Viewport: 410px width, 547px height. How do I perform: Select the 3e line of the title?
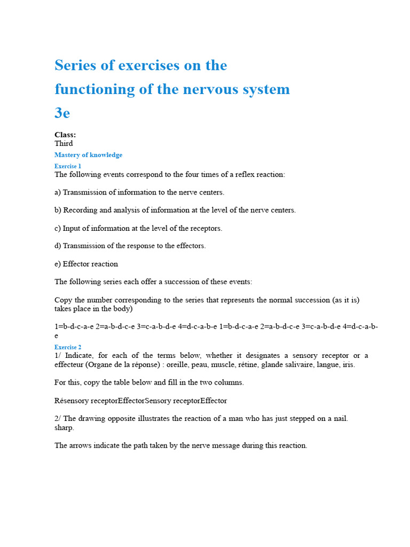[62, 113]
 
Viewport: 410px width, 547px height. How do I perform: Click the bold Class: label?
[65, 135]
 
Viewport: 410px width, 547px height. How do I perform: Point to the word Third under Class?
[64, 143]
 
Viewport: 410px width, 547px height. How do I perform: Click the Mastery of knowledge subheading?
[88, 155]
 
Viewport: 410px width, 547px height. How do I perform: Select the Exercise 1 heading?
[68, 166]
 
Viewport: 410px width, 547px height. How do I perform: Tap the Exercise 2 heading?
[68, 347]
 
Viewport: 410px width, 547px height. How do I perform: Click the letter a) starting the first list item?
[58, 192]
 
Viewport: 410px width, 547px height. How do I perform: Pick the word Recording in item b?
[80, 210]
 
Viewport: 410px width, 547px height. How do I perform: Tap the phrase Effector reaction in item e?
[90, 264]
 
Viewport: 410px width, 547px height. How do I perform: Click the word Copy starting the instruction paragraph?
[63, 300]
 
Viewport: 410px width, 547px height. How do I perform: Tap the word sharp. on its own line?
[65, 427]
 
